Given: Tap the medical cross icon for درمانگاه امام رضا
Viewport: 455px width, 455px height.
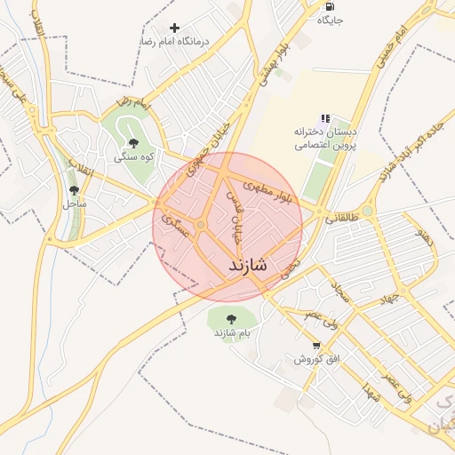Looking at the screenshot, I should pos(174,28).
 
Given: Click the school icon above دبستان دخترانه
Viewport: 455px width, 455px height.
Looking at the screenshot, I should pos(325,117).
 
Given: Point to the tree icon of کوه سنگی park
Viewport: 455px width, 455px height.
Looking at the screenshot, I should pos(133,142).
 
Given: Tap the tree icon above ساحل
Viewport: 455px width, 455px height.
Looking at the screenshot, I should pos(74,189).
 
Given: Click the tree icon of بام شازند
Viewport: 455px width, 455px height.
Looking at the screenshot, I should pos(231,317).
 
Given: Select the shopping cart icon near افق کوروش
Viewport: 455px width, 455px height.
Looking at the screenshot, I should pos(316,345).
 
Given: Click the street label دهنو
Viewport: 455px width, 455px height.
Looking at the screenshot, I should pos(426,237).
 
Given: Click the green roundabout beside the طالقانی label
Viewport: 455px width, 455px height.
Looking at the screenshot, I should pos(367,211).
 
